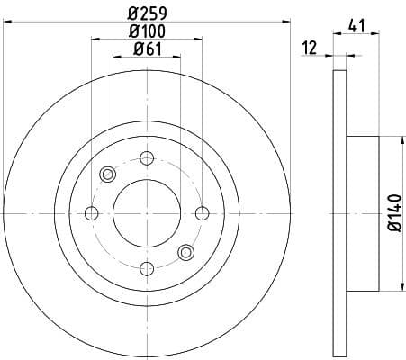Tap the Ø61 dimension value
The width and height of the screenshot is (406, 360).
pos(146,49)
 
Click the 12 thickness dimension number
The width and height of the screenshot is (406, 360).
pos(310,49)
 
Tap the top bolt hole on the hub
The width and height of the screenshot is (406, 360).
pos(146,159)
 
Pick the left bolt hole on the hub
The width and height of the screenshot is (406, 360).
pos(91,213)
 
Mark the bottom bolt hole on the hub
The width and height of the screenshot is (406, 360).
pos(146,267)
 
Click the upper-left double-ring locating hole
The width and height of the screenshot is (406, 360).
pos(107,175)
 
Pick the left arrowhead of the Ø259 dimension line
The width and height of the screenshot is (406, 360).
pos(7,21)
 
